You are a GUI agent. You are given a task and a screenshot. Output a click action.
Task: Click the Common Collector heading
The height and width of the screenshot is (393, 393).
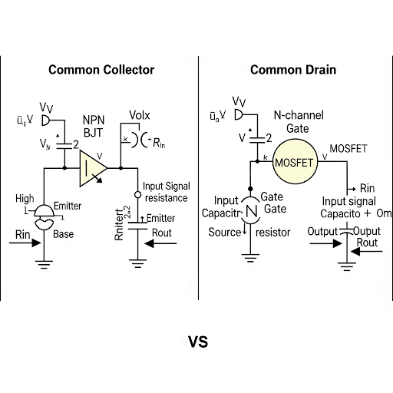(101, 70)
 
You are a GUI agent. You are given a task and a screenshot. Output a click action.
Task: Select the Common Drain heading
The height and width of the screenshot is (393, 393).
(292, 70)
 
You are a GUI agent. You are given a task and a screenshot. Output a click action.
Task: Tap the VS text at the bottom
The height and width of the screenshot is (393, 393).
(197, 341)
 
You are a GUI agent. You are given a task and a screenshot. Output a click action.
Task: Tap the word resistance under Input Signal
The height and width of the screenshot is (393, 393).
(166, 198)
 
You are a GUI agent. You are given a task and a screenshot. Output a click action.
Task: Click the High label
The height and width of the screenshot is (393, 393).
(25, 199)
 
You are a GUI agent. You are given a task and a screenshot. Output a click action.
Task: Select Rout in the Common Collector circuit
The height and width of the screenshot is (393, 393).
(162, 232)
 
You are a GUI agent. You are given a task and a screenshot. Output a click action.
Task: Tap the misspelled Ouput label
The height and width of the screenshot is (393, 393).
(365, 231)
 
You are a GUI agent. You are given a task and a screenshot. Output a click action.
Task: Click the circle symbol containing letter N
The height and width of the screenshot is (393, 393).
(250, 209)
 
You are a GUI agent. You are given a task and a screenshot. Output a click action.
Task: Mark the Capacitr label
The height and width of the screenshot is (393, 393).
(224, 213)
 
